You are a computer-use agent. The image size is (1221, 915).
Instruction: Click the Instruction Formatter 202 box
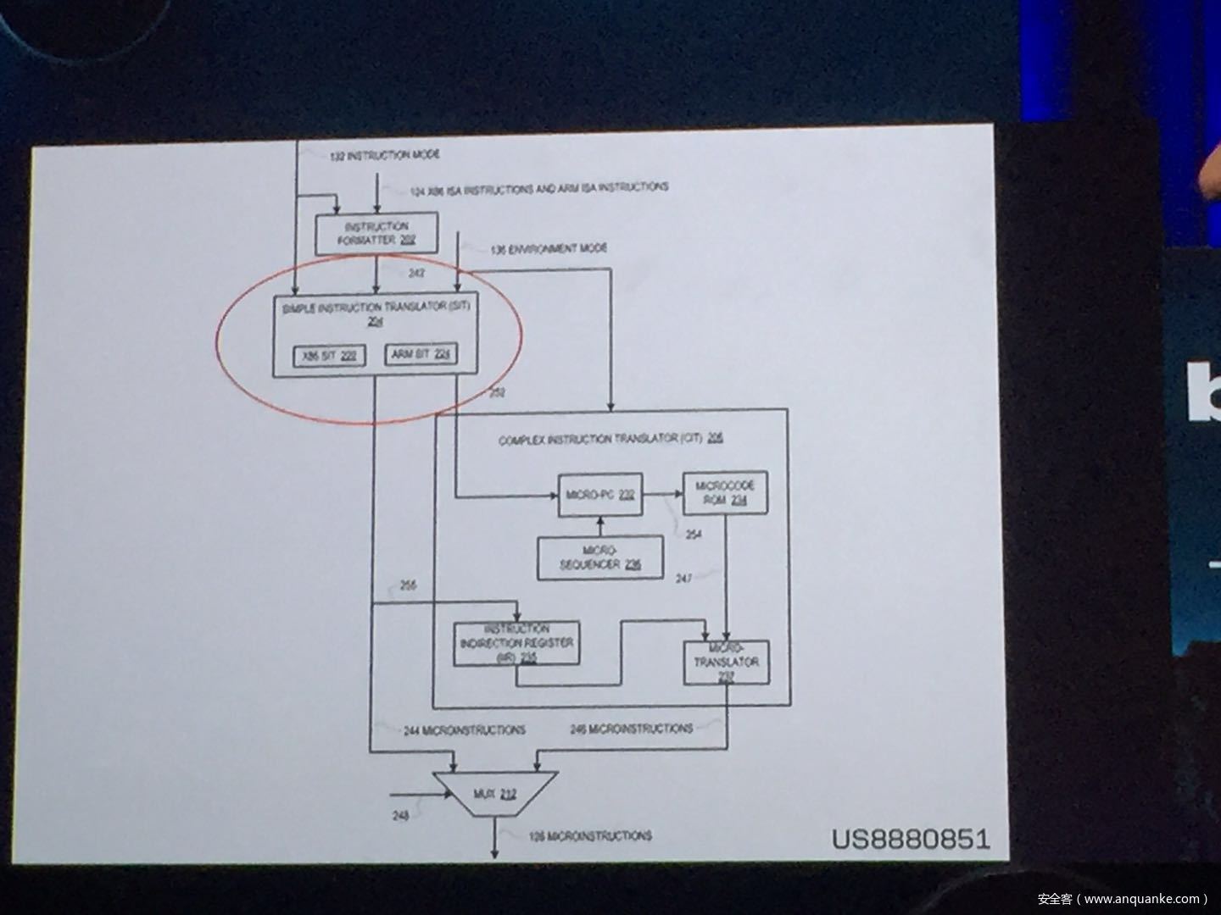377,234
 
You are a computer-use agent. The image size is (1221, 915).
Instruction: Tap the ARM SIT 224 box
420,354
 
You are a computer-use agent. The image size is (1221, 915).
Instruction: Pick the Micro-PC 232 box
599,495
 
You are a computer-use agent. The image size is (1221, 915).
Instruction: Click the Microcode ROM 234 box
725,493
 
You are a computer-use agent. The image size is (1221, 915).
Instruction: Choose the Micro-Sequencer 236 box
599,557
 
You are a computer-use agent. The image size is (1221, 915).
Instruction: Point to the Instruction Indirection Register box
516,644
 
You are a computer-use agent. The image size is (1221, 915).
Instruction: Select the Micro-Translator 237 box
727,662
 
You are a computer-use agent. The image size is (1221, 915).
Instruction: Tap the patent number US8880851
910,839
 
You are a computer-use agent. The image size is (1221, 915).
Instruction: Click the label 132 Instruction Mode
385,156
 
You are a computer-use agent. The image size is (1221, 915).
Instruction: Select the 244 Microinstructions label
464,729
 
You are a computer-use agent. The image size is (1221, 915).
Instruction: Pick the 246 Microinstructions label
632,729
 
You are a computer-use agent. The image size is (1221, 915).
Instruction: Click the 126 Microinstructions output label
590,836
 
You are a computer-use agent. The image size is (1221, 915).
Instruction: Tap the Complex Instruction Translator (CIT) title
610,439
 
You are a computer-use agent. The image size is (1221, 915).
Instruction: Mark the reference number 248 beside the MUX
400,816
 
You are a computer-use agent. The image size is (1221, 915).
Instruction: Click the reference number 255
408,585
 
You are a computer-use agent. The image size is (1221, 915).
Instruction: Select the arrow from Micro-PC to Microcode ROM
662,493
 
